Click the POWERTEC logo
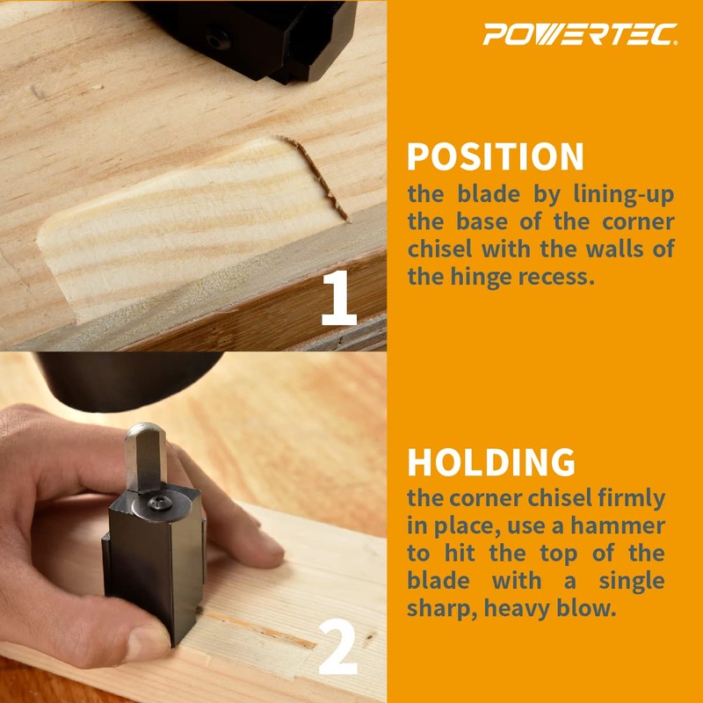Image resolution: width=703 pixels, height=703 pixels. click(581, 34)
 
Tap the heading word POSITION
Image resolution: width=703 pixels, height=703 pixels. click(496, 157)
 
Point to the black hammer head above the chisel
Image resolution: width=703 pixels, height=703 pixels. click(132, 378)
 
